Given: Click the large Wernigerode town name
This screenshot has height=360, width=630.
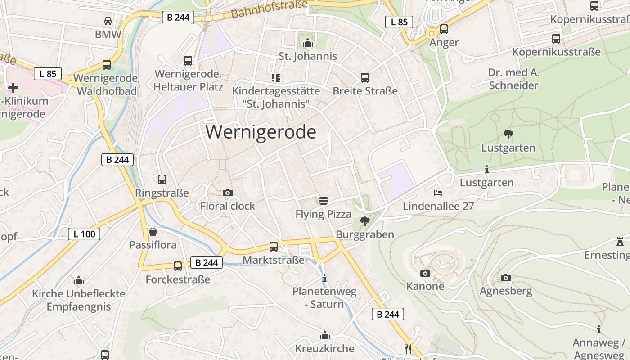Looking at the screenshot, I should click(261, 132).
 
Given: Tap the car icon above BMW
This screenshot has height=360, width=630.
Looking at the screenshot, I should click(108, 21).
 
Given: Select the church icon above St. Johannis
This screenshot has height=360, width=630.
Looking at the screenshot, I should click(308, 43).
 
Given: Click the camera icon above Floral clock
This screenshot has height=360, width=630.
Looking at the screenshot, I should click(228, 193).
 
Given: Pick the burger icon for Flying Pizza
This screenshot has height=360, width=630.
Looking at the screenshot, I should click(323, 201).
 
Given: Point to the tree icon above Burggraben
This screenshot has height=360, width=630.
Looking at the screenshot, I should click(364, 221).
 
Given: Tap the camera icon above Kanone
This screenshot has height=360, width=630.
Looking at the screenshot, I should click(425, 273).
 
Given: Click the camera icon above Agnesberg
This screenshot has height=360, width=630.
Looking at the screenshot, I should click(506, 278).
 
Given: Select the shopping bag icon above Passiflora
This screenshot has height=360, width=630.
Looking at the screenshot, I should click(153, 232).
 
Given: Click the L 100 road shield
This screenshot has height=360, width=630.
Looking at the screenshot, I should click(84, 234).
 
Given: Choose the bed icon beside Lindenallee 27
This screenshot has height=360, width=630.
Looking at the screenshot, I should click(438, 193).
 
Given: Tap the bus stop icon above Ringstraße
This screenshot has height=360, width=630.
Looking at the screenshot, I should click(162, 179).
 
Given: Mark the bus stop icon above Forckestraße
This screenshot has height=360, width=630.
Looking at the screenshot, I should click(178, 266).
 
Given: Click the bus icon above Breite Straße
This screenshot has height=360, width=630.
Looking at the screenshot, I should click(365, 77).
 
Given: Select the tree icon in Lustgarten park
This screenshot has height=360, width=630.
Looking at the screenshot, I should click(508, 134).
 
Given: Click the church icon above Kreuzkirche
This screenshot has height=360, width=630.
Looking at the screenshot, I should click(325, 335).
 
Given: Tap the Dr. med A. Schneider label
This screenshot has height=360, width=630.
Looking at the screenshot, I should click(513, 79).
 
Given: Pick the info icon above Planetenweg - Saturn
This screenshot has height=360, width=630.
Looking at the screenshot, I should click(324, 278).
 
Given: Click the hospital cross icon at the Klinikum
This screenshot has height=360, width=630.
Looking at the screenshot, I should click(13, 87).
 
